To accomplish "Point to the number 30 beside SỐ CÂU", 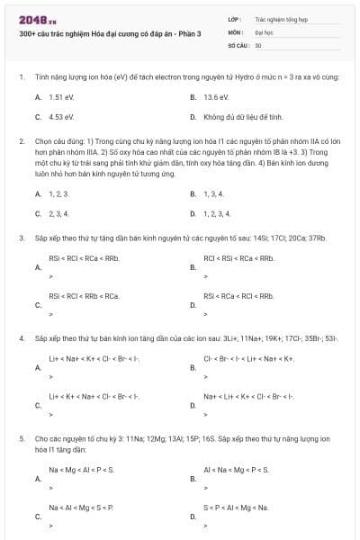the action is tap(258, 44).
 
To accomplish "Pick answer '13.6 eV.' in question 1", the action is tap(217, 96).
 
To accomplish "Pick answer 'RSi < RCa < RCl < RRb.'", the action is tap(238, 295).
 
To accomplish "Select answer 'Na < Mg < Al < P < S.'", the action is tap(82, 470).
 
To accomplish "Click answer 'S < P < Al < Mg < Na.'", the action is tap(236, 508).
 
